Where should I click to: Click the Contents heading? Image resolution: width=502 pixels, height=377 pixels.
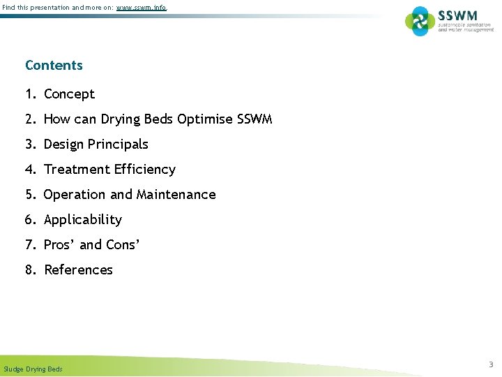pos(54,66)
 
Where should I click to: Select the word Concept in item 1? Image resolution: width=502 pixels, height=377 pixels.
pos(69,94)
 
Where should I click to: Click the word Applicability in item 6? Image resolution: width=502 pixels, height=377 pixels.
pos(82,220)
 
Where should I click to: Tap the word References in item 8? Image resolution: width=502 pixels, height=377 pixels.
pos(78,270)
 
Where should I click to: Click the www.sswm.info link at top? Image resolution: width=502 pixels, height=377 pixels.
pos(142,8)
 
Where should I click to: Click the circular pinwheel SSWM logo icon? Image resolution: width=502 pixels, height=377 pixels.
pos(420,21)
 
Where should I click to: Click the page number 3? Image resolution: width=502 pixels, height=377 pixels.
pos(490,364)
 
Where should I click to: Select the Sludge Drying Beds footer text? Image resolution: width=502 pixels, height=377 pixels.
pos(33,369)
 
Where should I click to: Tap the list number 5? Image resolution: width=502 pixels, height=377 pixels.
pos(30,195)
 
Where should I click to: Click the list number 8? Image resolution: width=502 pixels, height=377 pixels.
pos(30,270)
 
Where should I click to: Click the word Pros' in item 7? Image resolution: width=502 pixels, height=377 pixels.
pos(59,245)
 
